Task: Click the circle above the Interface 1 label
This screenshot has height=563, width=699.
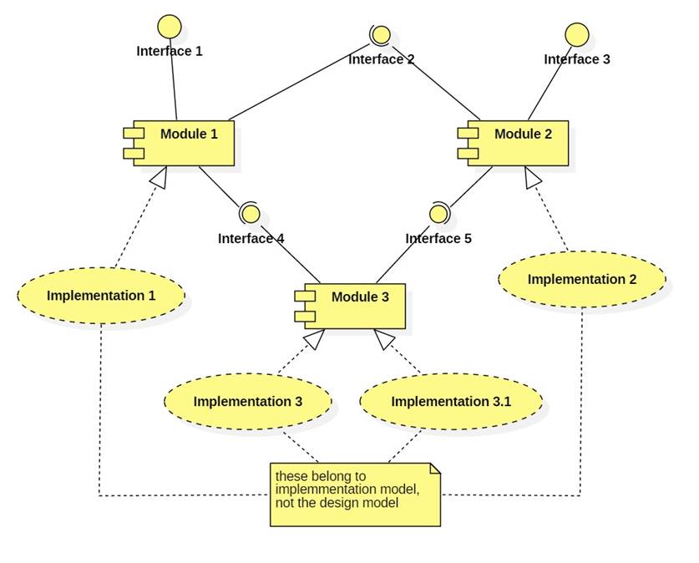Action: [170, 26]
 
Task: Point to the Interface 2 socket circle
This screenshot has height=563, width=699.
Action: [381, 35]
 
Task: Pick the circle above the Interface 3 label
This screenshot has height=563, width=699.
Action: [577, 34]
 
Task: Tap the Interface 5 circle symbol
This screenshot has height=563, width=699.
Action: [438, 214]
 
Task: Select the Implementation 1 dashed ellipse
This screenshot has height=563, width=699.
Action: [101, 296]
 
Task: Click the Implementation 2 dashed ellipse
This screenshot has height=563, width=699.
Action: [582, 280]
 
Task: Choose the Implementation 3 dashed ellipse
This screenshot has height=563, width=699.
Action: [248, 402]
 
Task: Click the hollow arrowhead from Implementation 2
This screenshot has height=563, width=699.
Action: [533, 176]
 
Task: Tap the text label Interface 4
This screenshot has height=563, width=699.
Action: [251, 239]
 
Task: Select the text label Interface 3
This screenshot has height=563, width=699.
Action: [577, 59]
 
